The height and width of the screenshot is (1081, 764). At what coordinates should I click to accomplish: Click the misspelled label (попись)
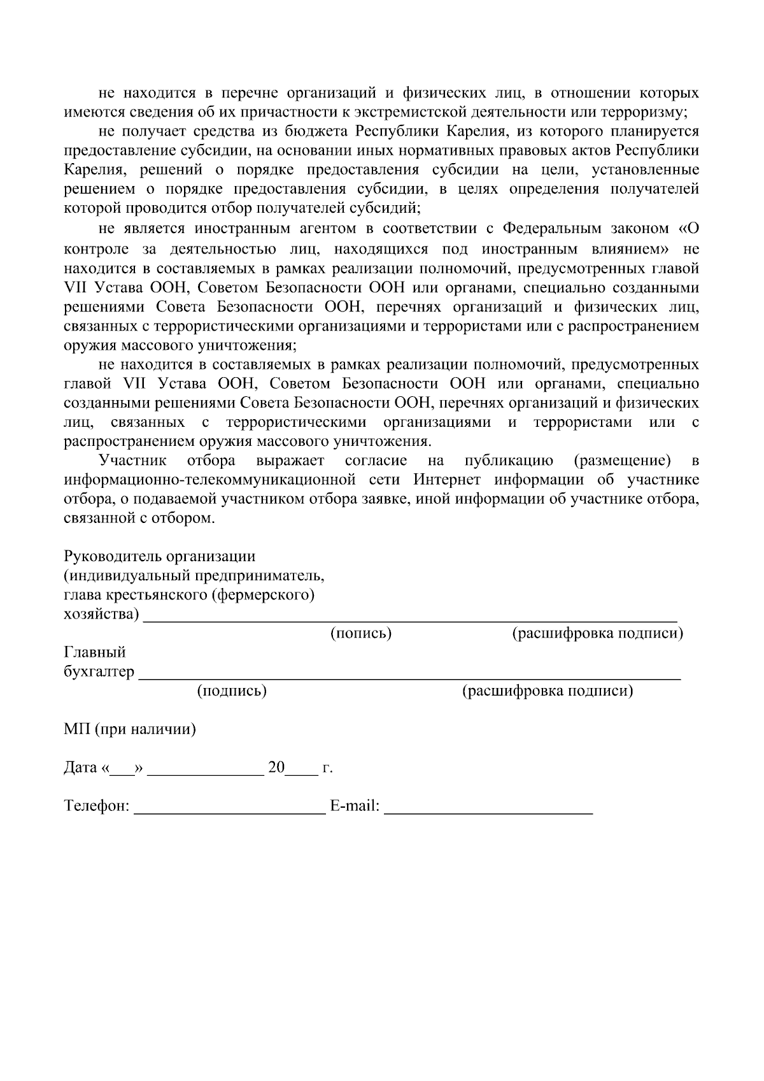(360, 633)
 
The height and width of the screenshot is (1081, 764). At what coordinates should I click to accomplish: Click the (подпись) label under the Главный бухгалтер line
(232, 691)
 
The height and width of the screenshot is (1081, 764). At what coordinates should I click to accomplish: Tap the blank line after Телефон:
(229, 808)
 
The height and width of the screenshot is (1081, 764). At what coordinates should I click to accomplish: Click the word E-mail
(354, 806)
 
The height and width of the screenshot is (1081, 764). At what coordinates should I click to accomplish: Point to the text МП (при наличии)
(130, 729)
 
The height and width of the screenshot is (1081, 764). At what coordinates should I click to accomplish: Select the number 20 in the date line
(276, 768)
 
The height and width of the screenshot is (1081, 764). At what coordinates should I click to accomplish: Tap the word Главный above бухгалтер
(95, 652)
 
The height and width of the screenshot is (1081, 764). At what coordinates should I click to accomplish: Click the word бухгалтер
(99, 672)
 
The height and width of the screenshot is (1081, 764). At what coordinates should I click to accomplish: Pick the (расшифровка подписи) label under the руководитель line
(598, 633)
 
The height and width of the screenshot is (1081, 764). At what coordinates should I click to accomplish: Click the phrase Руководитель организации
(160, 556)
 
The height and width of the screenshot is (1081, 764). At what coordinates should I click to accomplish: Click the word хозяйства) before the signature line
(101, 614)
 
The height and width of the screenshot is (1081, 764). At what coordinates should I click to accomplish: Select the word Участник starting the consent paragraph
(132, 461)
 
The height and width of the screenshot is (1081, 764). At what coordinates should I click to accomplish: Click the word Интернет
(450, 480)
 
